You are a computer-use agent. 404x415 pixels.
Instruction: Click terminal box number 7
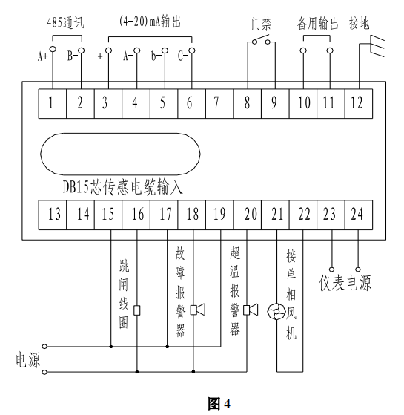[219, 103]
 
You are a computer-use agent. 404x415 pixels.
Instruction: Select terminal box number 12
[359, 103]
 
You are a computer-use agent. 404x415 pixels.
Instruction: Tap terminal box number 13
[53, 215]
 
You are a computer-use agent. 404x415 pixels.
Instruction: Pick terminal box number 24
[359, 215]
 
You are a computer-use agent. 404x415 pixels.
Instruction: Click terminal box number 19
[219, 215]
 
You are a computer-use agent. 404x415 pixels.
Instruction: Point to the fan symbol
[276, 311]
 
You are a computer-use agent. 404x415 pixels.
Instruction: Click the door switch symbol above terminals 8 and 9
[261, 40]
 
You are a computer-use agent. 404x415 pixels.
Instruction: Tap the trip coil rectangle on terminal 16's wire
[137, 310]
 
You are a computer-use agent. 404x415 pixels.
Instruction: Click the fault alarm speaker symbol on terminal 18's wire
[198, 310]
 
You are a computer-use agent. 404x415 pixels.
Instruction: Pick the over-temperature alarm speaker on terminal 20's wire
[251, 310]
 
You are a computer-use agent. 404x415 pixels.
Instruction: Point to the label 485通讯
[65, 23]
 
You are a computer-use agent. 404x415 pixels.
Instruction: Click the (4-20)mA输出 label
[150, 22]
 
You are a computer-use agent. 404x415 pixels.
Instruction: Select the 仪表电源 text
[345, 283]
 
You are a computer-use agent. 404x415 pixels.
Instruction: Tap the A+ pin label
[43, 56]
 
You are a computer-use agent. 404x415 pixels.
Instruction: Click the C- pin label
[183, 56]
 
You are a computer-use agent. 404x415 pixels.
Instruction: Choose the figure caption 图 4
[219, 404]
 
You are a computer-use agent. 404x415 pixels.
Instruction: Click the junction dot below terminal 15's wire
[111, 347]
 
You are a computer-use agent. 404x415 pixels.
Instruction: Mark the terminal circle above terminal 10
[303, 50]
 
